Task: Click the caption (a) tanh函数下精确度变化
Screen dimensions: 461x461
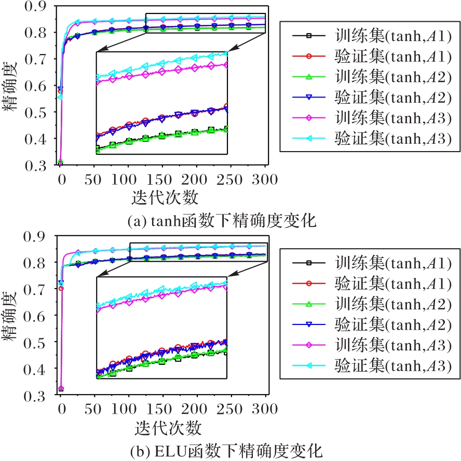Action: pyautogui.click(x=222, y=221)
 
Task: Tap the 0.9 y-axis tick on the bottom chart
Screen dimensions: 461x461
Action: pyautogui.click(x=38, y=236)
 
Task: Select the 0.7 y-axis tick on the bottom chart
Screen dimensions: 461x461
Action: pyautogui.click(x=38, y=289)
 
